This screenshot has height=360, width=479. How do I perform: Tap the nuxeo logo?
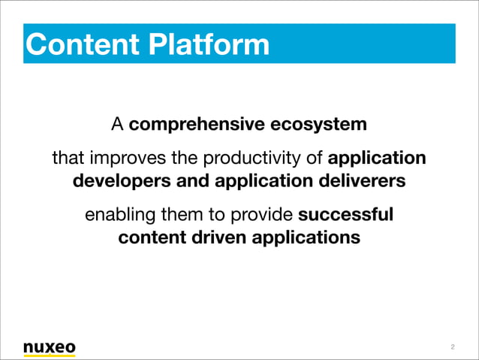pyautogui.click(x=49, y=347)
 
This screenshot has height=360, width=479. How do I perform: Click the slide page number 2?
pyautogui.click(x=453, y=347)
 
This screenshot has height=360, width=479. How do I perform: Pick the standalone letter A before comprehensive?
pyautogui.click(x=118, y=123)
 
